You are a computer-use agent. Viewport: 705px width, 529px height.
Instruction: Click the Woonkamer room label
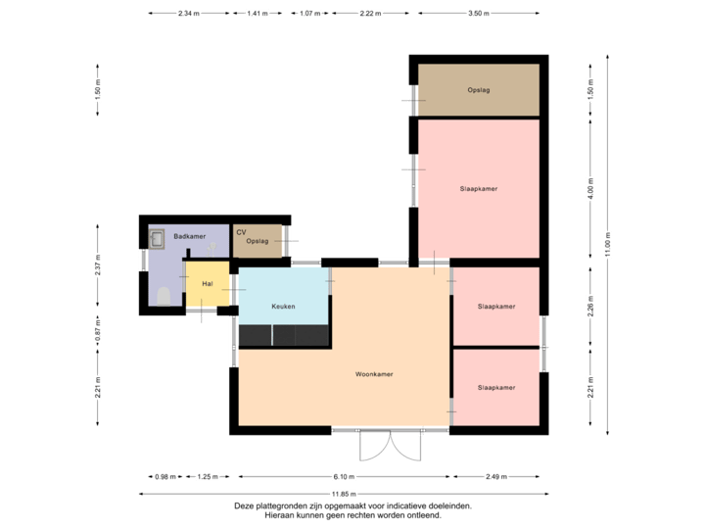tap(374, 374)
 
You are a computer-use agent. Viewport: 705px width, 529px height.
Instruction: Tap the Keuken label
tap(283, 307)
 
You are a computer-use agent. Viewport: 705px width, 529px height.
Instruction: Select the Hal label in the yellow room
tap(208, 283)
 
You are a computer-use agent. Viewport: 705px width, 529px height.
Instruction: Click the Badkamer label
tap(189, 237)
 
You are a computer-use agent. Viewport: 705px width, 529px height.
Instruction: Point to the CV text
tap(241, 232)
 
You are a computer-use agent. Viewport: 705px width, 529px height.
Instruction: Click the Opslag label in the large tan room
tap(479, 90)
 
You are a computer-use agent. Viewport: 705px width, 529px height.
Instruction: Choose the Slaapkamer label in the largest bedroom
tap(479, 188)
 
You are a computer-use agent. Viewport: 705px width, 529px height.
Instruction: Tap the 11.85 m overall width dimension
tap(344, 494)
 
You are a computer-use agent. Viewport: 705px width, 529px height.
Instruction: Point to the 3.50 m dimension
tap(478, 14)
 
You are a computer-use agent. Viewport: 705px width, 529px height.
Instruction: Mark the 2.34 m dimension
tap(189, 14)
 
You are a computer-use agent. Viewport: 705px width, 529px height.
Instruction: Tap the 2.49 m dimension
tap(496, 477)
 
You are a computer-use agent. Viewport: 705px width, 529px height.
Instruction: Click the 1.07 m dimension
tap(309, 14)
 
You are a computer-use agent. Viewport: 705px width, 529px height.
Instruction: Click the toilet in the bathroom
tap(163, 296)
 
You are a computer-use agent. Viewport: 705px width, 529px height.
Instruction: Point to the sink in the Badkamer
tap(157, 237)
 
